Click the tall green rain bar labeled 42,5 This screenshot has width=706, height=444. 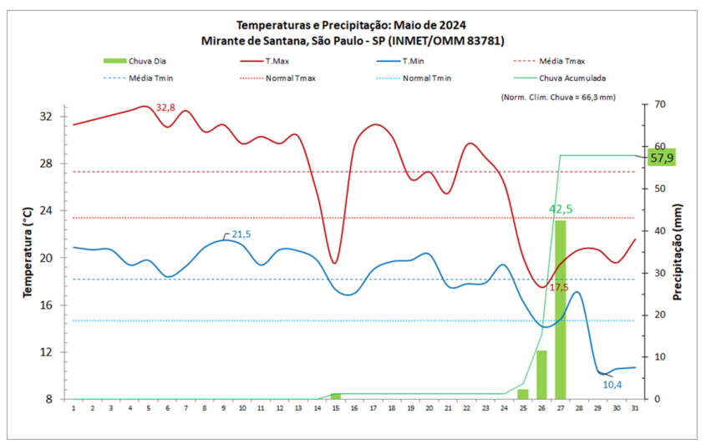(x=560, y=309)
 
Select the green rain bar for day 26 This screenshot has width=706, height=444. (x=541, y=375)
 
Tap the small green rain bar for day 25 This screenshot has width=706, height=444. (x=523, y=394)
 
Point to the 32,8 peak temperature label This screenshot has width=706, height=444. (x=166, y=108)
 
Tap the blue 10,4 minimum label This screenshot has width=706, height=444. (x=614, y=384)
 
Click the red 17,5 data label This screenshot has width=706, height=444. (x=559, y=288)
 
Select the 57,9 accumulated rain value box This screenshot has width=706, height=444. (x=662, y=158)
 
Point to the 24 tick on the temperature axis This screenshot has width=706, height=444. (x=46, y=210)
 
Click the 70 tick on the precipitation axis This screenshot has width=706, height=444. (x=659, y=104)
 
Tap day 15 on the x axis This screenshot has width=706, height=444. (x=335, y=407)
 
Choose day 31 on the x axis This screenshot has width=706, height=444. (x=635, y=407)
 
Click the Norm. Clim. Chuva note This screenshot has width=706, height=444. (x=558, y=97)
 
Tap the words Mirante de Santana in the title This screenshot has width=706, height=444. (x=250, y=40)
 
